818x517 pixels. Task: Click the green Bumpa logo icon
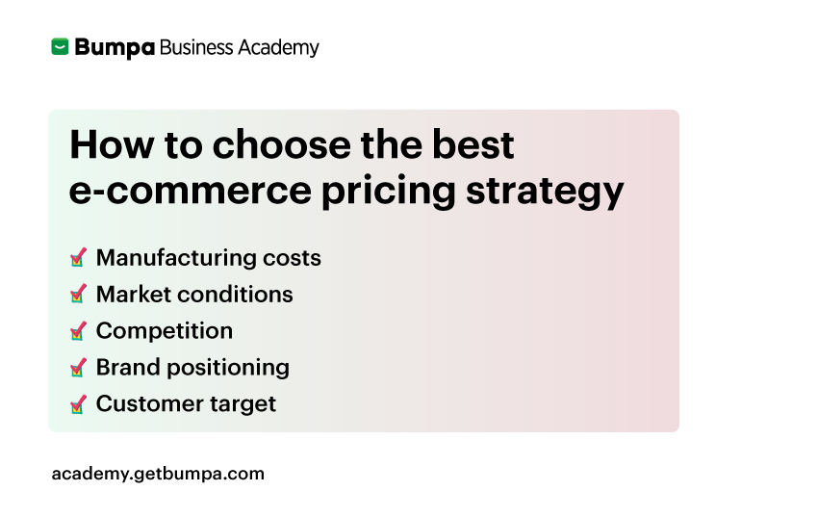pyautogui.click(x=61, y=47)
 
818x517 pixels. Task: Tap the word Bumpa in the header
pyautogui.click(x=115, y=48)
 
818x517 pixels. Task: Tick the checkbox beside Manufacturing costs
pyautogui.click(x=78, y=258)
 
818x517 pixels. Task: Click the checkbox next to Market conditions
pyautogui.click(x=78, y=295)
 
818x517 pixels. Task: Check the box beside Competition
pyautogui.click(x=78, y=331)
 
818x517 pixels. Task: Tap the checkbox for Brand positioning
pyautogui.click(x=78, y=368)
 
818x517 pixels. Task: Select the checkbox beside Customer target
pyautogui.click(x=78, y=404)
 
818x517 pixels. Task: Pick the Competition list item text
pyautogui.click(x=165, y=331)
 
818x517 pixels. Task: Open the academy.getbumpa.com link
pyautogui.click(x=158, y=474)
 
